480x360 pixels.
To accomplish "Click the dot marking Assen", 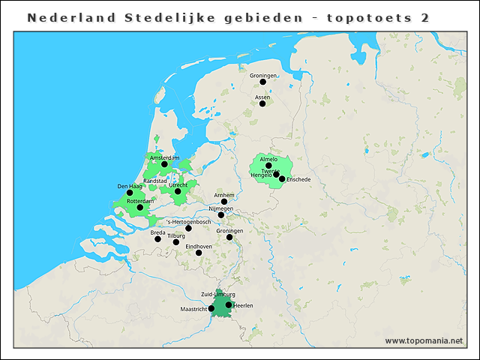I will click(x=262, y=103).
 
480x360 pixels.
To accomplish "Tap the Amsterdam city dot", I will click(x=165, y=164).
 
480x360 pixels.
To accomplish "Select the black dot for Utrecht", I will click(x=178, y=191).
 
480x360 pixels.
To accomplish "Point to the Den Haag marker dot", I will click(x=130, y=193).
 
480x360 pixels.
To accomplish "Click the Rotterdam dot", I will click(x=139, y=208).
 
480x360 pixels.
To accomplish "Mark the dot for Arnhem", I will click(x=224, y=202).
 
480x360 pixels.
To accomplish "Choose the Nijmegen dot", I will click(x=220, y=215).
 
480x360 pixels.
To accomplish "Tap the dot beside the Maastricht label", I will click(x=211, y=308).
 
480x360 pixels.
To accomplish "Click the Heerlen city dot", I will click(x=229, y=304).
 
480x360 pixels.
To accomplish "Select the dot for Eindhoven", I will click(x=199, y=253).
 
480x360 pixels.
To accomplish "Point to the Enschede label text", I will click(x=298, y=179).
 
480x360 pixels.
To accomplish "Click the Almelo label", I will click(x=268, y=159).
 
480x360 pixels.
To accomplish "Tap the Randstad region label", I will click(x=154, y=181).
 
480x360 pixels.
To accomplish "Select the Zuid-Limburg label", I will click(x=218, y=295).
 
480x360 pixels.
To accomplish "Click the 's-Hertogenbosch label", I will click(x=189, y=222).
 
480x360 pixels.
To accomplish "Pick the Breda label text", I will click(x=157, y=232).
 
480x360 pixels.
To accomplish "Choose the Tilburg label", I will click(x=176, y=235).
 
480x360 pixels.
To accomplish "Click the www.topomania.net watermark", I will click(x=424, y=341).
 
